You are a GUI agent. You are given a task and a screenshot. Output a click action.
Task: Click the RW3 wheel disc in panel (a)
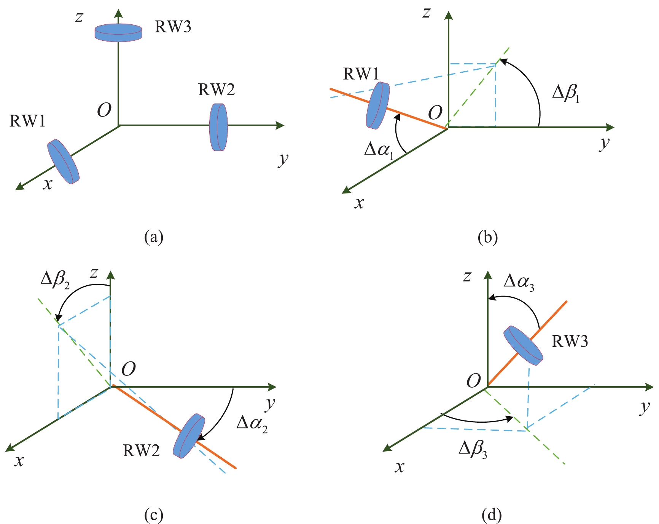point(118,32)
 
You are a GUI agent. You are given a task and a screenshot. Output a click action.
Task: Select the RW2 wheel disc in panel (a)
point(218,127)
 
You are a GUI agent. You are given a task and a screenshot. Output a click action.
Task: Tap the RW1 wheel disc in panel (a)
point(63,161)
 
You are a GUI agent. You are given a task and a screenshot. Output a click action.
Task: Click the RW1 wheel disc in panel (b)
point(377,105)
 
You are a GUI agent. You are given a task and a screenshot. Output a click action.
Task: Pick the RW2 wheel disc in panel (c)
point(189,436)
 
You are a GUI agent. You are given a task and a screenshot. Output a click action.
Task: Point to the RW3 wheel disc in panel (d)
point(523,345)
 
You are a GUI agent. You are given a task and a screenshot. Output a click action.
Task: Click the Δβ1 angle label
point(566,93)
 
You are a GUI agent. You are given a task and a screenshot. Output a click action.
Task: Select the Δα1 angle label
point(379,149)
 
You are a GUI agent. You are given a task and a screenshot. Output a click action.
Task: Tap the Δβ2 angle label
point(55,280)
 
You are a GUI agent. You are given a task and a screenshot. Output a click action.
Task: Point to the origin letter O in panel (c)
point(129,369)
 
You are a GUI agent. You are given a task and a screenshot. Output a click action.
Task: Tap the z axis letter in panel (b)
point(427,13)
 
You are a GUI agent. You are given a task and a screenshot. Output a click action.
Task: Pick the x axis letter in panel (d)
point(399,467)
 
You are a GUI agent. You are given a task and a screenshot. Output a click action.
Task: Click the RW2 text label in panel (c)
point(141,451)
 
